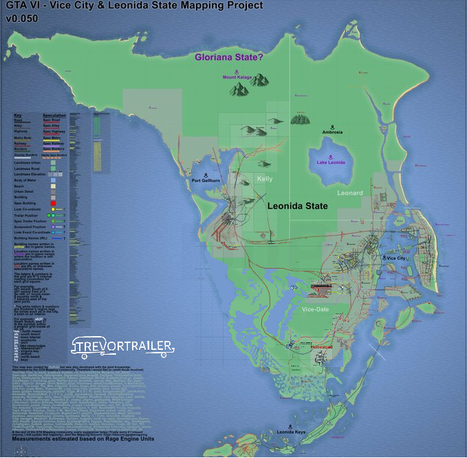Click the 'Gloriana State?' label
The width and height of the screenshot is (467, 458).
point(228,58)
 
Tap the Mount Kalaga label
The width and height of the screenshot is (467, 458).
point(239,78)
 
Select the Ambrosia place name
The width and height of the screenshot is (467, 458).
point(332,132)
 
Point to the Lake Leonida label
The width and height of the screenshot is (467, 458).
point(331,162)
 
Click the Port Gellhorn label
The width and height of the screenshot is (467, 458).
point(206,180)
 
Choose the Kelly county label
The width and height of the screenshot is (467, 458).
point(265,179)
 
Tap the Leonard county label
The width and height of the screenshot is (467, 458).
point(350,193)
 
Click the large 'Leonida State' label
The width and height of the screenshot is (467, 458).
point(297,205)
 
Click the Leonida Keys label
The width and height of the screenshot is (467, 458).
point(291,432)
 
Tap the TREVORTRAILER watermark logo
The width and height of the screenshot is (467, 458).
point(123,348)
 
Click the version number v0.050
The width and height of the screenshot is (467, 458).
point(23,19)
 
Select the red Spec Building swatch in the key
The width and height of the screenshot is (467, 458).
point(52,203)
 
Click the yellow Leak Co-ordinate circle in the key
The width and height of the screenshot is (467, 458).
point(52,209)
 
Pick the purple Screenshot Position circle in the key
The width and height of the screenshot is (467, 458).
point(52,227)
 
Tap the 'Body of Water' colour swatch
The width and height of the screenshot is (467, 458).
point(54,180)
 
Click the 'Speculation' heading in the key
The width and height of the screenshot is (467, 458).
point(54,115)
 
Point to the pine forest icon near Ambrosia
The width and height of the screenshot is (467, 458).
point(300,120)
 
